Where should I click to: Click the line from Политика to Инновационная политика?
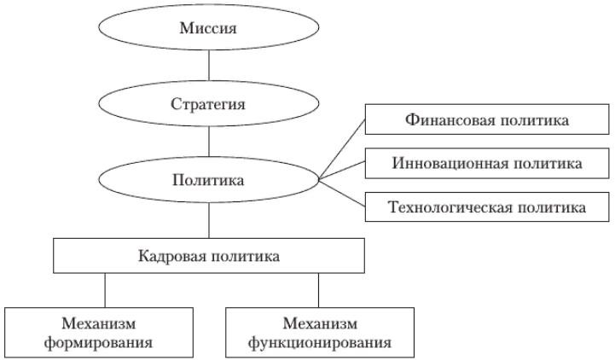click(x=341, y=171)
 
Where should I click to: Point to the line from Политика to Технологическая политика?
click(x=341, y=194)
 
